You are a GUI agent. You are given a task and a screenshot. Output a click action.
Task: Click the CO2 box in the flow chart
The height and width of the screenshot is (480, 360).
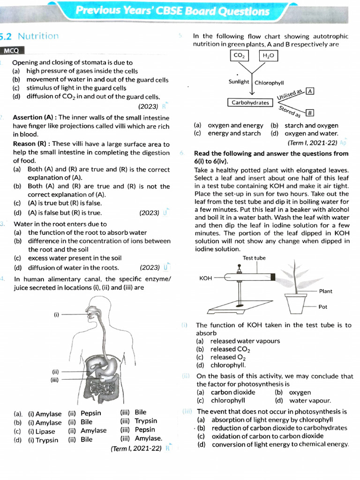click(239, 56)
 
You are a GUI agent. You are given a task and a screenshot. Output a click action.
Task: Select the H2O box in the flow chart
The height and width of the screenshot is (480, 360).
click(268, 56)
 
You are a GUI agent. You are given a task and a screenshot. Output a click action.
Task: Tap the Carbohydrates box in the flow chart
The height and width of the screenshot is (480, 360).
click(250, 102)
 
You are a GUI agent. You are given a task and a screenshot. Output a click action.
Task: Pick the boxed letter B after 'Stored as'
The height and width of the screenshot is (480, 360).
click(310, 113)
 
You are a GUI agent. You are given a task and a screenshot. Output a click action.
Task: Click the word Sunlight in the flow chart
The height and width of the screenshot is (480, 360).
click(239, 82)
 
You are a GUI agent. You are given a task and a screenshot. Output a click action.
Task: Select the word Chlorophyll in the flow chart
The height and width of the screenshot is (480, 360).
click(270, 82)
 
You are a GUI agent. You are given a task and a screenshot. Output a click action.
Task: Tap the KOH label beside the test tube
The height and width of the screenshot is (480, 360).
click(206, 278)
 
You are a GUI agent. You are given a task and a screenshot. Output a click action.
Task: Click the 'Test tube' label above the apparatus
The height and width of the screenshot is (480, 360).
click(254, 258)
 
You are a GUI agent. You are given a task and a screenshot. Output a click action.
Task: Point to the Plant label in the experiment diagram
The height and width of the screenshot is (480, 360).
click(325, 291)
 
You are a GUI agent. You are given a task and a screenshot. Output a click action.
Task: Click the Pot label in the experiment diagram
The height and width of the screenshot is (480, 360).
click(323, 307)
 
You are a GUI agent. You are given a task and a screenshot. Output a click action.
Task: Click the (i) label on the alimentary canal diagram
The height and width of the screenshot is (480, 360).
click(57, 315)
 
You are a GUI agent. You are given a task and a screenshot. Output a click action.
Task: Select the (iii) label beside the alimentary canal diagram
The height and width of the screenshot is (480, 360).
click(54, 380)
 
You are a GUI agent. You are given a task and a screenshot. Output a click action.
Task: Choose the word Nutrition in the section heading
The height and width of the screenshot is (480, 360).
click(38, 36)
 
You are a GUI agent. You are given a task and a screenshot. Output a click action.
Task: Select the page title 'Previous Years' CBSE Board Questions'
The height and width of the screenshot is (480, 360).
click(172, 11)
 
